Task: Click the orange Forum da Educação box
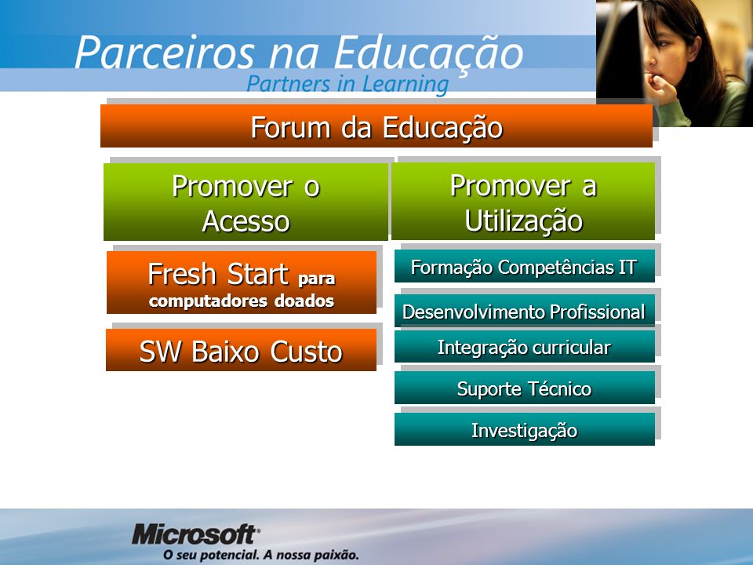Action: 376,126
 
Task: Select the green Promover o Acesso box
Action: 246,202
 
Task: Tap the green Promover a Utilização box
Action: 523,202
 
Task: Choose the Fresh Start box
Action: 242,282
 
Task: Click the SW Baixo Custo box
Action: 241,350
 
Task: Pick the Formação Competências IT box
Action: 525,266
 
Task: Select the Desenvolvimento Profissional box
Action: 525,311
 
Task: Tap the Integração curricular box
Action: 525,346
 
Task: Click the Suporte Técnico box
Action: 525,388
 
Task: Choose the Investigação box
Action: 525,429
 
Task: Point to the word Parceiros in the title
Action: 164,53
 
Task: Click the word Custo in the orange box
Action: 306,352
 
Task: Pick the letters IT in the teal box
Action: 627,267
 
